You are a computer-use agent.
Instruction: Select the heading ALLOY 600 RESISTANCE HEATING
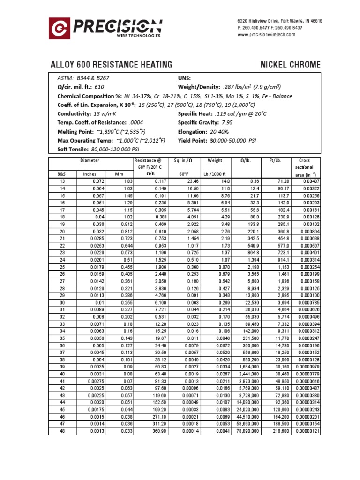(111, 65)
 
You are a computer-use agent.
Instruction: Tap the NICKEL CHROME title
(291, 65)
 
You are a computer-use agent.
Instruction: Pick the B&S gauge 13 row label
(62, 181)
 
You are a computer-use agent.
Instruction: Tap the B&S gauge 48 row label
(62, 431)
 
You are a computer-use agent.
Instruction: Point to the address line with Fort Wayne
(279, 21)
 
